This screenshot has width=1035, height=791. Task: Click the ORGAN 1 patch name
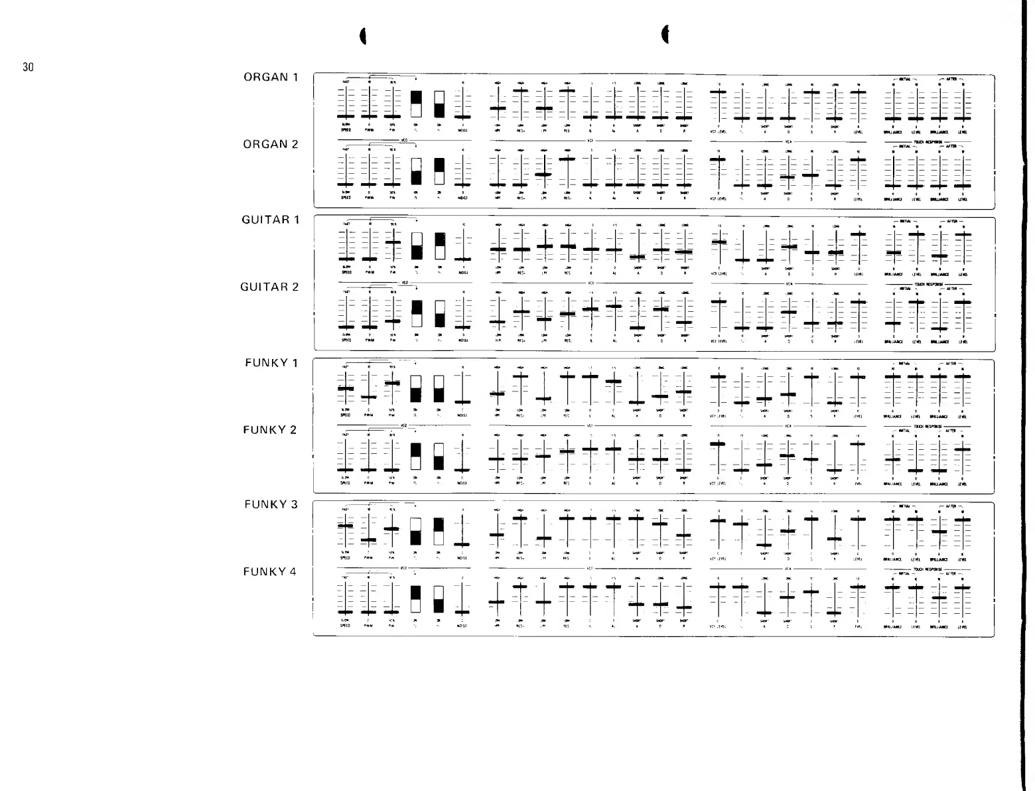tap(270, 77)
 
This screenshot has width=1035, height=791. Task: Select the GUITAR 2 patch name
tap(269, 287)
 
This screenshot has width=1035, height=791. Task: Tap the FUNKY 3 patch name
tap(270, 504)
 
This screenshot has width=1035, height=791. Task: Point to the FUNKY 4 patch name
tap(270, 572)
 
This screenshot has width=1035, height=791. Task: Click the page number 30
tap(28, 67)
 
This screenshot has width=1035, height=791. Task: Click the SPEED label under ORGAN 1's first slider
tap(345, 131)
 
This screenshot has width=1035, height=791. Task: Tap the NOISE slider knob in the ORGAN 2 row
tap(462, 184)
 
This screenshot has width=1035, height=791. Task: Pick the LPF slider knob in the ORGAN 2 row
tap(544, 174)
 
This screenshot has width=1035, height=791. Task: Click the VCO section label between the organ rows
tap(404, 141)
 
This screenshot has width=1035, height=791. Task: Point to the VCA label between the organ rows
tap(789, 141)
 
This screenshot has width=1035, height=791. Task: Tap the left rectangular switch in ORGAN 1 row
tap(416, 104)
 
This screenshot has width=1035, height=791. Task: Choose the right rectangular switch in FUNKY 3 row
tap(439, 532)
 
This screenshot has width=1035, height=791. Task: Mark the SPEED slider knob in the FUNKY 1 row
tap(346, 389)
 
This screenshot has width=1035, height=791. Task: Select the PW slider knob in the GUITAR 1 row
tap(393, 242)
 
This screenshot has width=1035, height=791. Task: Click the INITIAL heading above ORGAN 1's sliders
tap(905, 78)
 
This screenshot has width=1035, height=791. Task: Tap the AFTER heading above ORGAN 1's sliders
tap(952, 78)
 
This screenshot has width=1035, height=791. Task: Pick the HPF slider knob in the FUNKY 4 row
tap(497, 602)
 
